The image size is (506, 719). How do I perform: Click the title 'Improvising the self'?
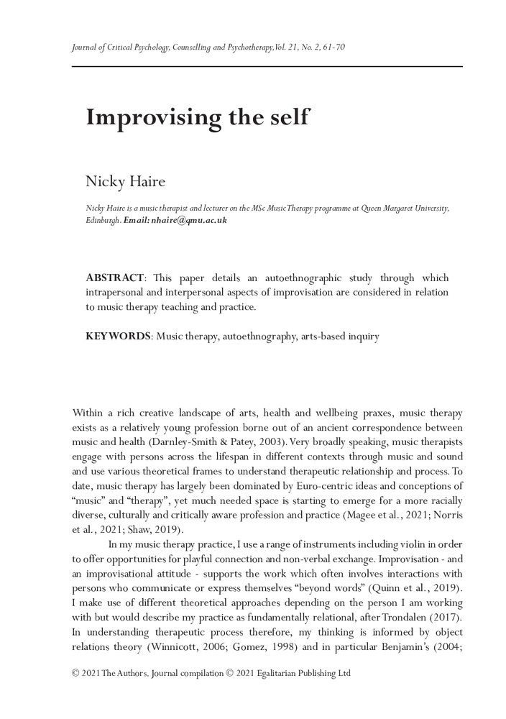point(197,117)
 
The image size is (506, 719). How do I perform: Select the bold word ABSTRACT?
point(115,278)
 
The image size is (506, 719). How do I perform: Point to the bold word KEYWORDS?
point(118,336)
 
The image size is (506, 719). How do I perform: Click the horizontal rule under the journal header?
point(267,66)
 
